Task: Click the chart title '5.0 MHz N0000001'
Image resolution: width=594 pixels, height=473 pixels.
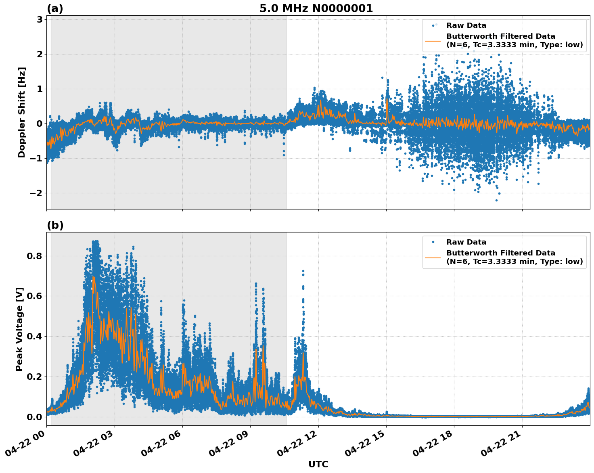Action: coord(316,8)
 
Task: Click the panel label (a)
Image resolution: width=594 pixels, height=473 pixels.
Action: coord(55,8)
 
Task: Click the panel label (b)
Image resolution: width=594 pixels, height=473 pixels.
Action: coord(55,225)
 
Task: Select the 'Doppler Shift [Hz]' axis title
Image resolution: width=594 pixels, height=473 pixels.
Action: coord(22,112)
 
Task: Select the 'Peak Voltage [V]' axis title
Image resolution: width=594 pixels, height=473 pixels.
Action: coord(19,329)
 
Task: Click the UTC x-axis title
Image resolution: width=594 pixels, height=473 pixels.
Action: coord(318,464)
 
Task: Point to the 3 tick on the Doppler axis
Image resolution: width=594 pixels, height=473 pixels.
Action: coord(40,20)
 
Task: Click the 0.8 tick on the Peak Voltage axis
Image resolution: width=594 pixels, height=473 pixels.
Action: coord(34,256)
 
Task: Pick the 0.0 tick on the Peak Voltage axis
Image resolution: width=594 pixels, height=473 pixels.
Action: coord(34,417)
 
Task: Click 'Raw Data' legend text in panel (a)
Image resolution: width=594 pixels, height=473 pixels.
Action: coord(466,25)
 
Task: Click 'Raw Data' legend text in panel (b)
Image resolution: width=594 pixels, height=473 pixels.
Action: coord(466,242)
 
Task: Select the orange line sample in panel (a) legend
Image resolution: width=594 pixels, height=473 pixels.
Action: coord(433,41)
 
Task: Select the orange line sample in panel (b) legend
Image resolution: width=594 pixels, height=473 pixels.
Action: coord(433,257)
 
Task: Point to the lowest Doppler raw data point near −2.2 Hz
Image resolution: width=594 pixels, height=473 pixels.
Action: coord(496,200)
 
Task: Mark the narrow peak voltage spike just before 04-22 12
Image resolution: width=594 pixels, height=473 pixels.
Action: coord(303,271)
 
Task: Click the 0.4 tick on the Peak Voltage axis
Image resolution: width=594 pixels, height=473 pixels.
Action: coord(34,336)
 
